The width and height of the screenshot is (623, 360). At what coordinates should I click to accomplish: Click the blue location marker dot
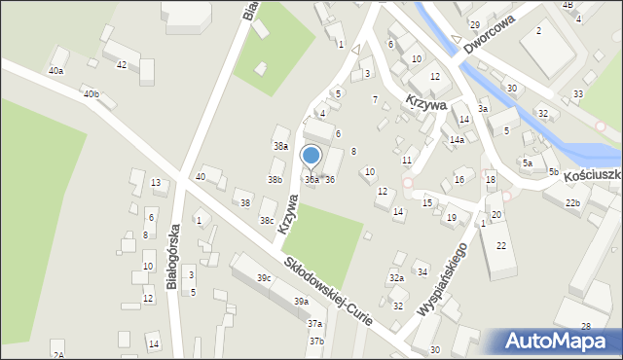point(311,156)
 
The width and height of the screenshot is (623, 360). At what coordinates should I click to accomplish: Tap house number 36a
point(311,180)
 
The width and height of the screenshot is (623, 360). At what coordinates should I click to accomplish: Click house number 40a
point(56,71)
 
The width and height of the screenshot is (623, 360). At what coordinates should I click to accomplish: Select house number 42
point(122,65)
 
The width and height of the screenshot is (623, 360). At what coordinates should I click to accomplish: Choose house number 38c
point(266,221)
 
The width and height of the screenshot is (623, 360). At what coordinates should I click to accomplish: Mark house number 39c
point(264,278)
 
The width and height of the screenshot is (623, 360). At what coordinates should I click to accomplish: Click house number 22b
point(573,202)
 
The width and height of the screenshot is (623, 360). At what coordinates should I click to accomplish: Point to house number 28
point(586,326)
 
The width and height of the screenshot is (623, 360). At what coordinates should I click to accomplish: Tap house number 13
point(156,183)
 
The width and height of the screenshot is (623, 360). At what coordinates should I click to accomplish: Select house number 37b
point(316,342)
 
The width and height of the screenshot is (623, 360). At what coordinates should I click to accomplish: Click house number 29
point(475,24)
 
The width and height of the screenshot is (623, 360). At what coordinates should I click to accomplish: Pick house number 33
point(578,94)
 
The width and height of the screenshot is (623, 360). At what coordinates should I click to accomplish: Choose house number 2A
point(58,355)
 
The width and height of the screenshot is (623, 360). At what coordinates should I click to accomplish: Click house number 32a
point(396,278)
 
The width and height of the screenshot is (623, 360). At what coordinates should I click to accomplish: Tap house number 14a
point(457,140)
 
